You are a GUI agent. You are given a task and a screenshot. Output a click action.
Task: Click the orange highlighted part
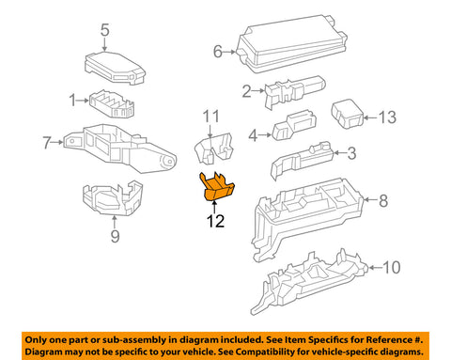point(216,187)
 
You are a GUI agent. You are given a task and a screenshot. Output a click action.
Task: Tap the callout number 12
point(215,221)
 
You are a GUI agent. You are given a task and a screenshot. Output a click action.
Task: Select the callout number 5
point(105,30)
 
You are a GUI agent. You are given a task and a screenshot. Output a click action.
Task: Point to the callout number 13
point(388,117)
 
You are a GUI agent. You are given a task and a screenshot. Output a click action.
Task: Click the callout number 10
point(392,267)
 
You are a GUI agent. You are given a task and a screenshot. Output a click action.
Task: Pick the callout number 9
point(115,236)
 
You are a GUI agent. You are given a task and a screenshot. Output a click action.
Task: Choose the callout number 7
point(47,143)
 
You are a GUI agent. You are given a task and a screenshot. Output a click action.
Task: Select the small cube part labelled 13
point(348,114)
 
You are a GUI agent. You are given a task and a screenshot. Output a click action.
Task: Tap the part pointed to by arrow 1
point(112,104)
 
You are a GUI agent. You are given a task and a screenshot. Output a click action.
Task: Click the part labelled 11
point(214,148)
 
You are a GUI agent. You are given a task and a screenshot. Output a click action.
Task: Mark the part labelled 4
point(294,125)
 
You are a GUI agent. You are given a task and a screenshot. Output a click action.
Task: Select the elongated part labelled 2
point(295,91)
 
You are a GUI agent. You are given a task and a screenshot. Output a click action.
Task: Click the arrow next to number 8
point(371,199)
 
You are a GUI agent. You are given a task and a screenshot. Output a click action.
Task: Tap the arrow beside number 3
point(339,153)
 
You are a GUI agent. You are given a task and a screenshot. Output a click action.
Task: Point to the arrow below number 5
point(104,44)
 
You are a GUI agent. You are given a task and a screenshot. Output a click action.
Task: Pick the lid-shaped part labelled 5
point(116,68)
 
